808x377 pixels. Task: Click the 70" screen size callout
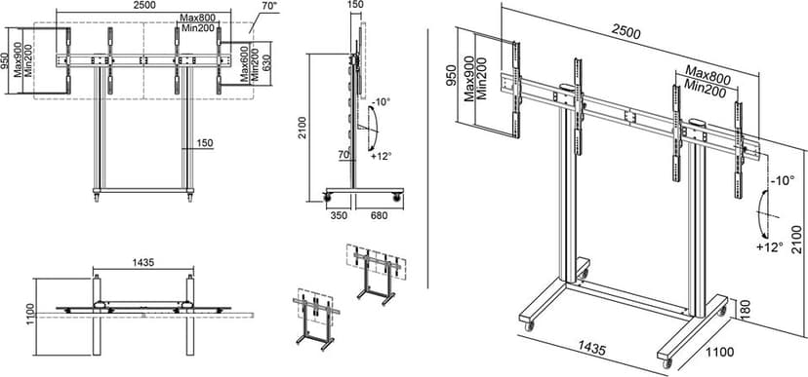pyautogui.click(x=268, y=7)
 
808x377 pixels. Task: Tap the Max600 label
pyautogui.click(x=244, y=63)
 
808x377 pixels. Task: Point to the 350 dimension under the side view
pyautogui.click(x=338, y=215)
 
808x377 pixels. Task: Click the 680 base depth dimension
pyautogui.click(x=379, y=215)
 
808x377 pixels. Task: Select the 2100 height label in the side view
pyautogui.click(x=303, y=128)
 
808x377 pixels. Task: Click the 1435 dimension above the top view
pyautogui.click(x=143, y=262)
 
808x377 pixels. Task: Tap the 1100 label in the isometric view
pyautogui.click(x=719, y=352)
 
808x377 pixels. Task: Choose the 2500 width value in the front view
pyautogui.click(x=143, y=5)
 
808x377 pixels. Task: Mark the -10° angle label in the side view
pyautogui.click(x=382, y=101)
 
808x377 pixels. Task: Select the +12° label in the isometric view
pyautogui.click(x=770, y=246)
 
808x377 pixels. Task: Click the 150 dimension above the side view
pyautogui.click(x=355, y=5)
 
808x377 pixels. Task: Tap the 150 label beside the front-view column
pyautogui.click(x=205, y=142)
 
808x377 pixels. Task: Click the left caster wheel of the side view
pyautogui.click(x=326, y=196)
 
